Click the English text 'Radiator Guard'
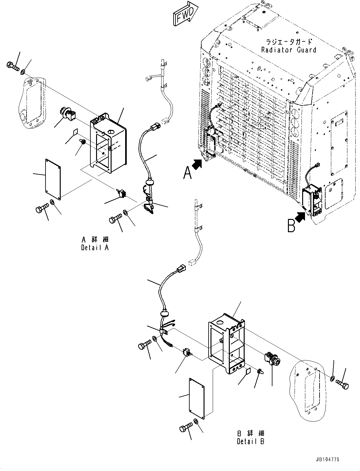pyautogui.click(x=288, y=50)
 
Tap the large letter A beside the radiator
pyautogui.click(x=187, y=173)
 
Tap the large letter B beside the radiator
pyautogui.click(x=291, y=226)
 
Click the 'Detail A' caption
pyautogui.click(x=95, y=248)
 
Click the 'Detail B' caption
pyautogui.click(x=251, y=441)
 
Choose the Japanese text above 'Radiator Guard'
pyautogui.click(x=289, y=42)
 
